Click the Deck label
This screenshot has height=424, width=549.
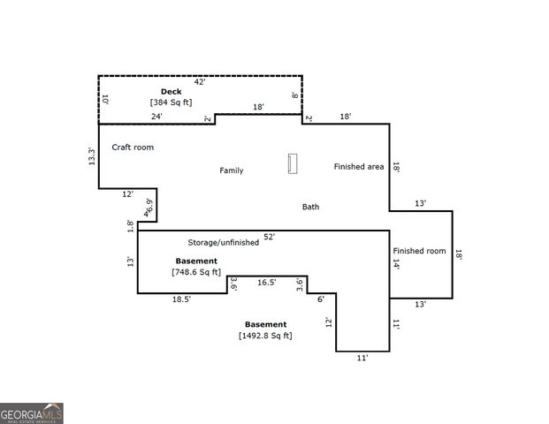coord(171,92)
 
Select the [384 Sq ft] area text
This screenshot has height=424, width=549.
coord(171,102)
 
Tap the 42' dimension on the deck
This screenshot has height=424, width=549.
coord(200,82)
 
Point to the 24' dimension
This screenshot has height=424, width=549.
coord(156,117)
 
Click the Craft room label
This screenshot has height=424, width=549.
coord(133,147)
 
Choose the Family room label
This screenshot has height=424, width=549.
coord(232,170)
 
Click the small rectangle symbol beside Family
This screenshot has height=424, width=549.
coord(293,164)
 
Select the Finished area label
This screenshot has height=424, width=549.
coord(358,166)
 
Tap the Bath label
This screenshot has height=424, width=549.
coord(311,207)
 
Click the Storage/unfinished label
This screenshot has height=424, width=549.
coord(223,242)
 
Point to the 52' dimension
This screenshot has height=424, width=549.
coord(269,237)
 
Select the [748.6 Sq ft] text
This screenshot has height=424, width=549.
coord(196,272)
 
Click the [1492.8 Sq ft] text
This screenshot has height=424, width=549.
coord(265,336)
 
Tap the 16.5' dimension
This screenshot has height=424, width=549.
coord(266,283)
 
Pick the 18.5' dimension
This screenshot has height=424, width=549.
coord(181,299)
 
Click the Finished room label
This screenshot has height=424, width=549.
coord(420,251)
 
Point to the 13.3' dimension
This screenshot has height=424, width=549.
coord(91,155)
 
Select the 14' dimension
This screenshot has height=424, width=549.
coord(397,264)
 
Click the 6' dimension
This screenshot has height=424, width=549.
coord(321,299)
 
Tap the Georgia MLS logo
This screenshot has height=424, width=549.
coord(32,413)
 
